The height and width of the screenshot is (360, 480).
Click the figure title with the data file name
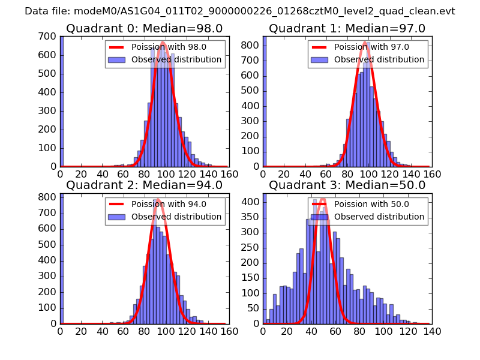pos(240,11)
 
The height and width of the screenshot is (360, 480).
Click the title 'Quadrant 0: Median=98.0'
pos(144,29)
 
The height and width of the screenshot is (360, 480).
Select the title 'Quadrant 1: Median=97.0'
pos(347,29)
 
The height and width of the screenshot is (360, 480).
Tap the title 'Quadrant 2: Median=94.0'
pos(144,185)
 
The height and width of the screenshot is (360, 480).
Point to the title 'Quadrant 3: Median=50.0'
pos(347,185)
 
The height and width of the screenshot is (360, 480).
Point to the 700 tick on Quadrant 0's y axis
pos(49,37)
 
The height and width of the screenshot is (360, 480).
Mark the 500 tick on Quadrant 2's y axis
pos(49,245)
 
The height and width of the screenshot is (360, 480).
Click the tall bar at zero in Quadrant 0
pos(62,102)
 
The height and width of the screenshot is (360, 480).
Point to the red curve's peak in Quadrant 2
pos(158,200)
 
